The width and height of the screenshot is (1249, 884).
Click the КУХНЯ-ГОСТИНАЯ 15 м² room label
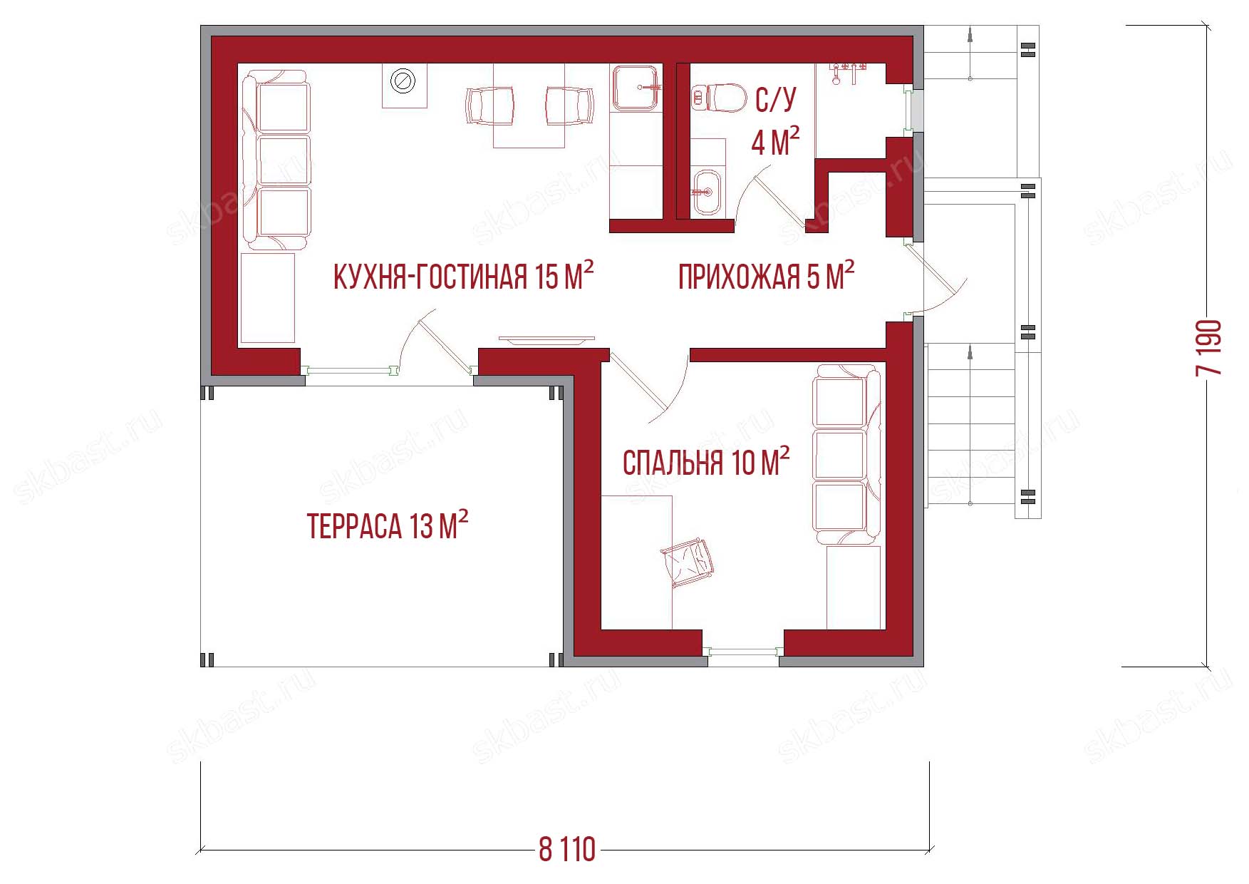[x=464, y=275]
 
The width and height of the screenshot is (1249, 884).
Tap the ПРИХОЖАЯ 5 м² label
[x=767, y=276]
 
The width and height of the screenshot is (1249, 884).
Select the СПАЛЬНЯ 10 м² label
[x=706, y=462]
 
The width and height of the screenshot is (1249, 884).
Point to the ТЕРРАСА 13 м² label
[x=388, y=525]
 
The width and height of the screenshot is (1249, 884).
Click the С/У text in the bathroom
[x=776, y=99]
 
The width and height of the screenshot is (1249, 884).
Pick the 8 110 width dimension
[x=567, y=850]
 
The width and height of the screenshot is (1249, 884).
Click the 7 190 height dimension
[x=1210, y=347]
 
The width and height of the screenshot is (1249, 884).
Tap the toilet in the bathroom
[x=718, y=98]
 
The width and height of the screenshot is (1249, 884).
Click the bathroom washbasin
[x=706, y=192]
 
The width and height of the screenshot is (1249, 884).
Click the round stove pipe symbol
[x=404, y=81]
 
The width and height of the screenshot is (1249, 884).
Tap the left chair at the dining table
[x=490, y=106]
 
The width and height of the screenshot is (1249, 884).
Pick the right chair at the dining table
[x=569, y=106]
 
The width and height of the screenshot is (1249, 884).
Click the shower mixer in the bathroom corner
[x=848, y=73]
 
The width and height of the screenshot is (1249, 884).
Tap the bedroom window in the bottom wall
[x=743, y=651]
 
